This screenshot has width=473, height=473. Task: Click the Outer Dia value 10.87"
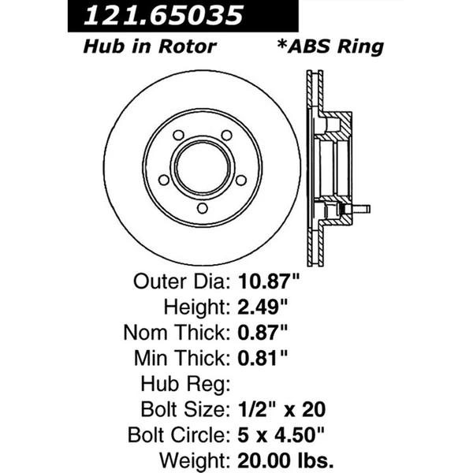[x=269, y=281]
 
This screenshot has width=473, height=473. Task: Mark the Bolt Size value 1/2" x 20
[x=281, y=410]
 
